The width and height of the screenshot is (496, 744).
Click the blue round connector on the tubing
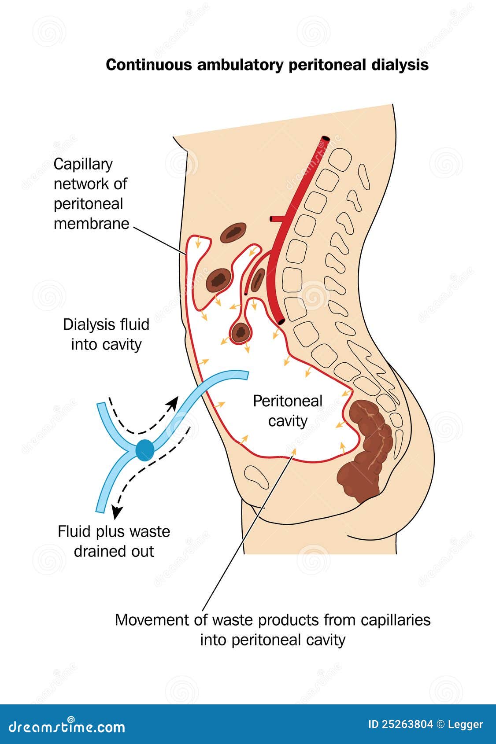pyautogui.click(x=145, y=450)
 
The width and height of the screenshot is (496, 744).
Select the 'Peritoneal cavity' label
pyautogui.click(x=288, y=411)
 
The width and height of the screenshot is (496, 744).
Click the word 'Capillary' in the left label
pyautogui.click(x=83, y=164)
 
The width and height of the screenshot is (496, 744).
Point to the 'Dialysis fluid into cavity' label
pyautogui.click(x=106, y=334)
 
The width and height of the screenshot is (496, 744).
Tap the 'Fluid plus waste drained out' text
pyautogui.click(x=114, y=541)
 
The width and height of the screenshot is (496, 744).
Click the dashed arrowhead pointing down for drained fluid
pyautogui.click(x=117, y=512)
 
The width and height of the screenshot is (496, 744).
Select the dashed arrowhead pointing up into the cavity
pyautogui.click(x=174, y=401)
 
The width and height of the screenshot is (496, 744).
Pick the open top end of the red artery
pyautogui.click(x=326, y=139)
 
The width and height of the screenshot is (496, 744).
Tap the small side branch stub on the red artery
pyautogui.click(x=273, y=218)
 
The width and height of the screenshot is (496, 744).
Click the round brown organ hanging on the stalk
pyautogui.click(x=241, y=332)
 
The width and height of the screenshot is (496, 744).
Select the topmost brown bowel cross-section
pyautogui.click(x=233, y=233)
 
